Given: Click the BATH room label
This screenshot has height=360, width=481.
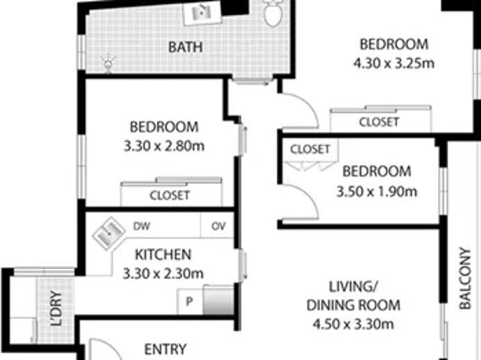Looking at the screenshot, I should tap(185, 47).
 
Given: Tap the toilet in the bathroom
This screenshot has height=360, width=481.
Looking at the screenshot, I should tap(273, 11).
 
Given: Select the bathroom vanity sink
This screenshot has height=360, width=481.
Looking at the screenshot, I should tap(201, 11).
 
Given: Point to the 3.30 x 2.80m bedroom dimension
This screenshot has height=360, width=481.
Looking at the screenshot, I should tap(163, 145).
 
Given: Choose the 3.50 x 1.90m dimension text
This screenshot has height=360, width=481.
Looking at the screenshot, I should tap(377, 191).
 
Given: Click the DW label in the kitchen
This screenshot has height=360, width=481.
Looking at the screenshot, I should tap(141, 225).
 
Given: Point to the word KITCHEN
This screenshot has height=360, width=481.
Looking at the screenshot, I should tap(162, 254).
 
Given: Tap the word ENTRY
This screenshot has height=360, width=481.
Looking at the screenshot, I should tap(165, 349).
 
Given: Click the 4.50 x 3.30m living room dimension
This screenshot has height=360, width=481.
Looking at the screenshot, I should tap(352, 325).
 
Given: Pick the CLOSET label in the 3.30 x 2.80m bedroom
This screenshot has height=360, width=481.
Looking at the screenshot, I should tap(169, 195).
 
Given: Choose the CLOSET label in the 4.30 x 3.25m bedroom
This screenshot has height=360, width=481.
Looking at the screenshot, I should tap(379, 122).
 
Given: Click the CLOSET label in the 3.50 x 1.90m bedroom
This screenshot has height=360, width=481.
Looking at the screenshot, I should tap(310, 149).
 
